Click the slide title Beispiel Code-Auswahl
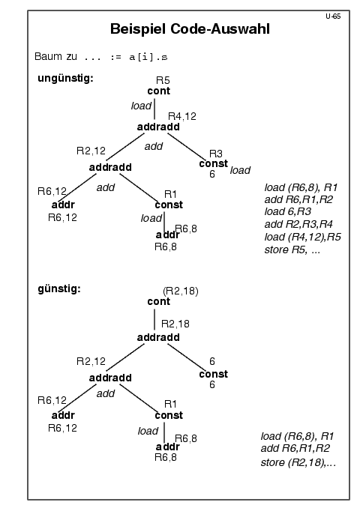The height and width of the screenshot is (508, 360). (x=190, y=29)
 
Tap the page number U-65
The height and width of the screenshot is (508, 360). (x=333, y=16)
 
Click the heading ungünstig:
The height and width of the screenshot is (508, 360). (x=65, y=79)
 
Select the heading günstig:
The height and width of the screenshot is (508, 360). (x=59, y=288)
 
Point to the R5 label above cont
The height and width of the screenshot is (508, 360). (x=163, y=80)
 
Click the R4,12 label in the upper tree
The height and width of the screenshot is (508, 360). (x=182, y=116)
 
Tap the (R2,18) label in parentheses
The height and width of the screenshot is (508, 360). (x=181, y=291)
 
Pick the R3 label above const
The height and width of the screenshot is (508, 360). (x=216, y=154)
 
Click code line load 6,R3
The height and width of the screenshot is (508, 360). (x=288, y=211)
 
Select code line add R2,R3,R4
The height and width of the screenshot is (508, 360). (x=298, y=224)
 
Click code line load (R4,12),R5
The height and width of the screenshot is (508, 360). (x=302, y=238)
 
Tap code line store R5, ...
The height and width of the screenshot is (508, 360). (x=292, y=250)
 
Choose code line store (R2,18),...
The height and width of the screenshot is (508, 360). (x=298, y=462)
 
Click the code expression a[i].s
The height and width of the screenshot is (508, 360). (x=148, y=58)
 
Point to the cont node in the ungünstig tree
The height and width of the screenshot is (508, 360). (x=158, y=91)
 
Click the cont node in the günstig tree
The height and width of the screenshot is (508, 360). (x=158, y=302)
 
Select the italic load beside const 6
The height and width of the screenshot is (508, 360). (x=240, y=170)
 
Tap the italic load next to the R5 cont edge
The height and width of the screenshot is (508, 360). (x=141, y=106)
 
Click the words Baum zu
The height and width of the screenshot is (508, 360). (x=55, y=57)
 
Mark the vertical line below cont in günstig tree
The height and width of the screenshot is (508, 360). (x=154, y=320)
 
